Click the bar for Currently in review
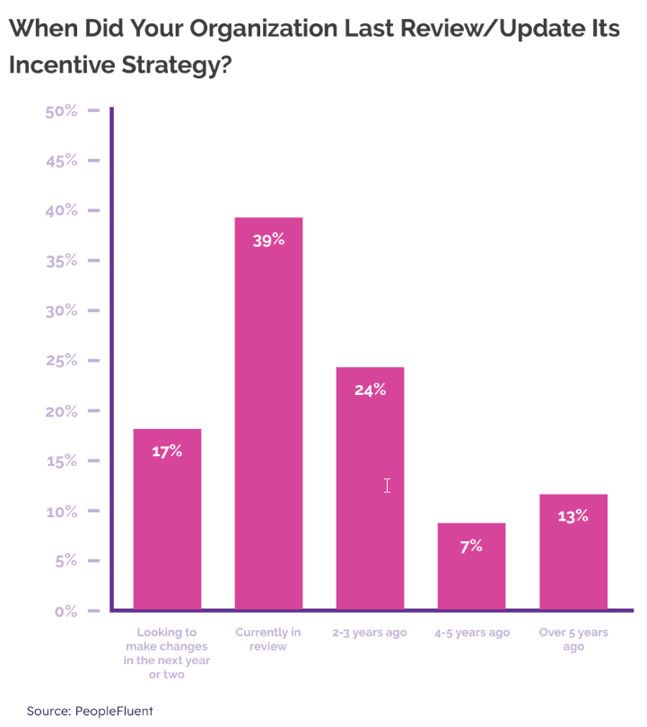click(268, 413)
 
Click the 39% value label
click(268, 241)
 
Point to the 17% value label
click(167, 451)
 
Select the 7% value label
click(471, 546)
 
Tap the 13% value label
click(573, 516)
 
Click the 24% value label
click(370, 390)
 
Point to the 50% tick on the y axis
click(61, 111)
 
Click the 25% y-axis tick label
click(61, 361)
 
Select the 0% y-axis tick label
click(66, 611)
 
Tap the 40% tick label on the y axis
click(61, 211)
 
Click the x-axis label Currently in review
click(268, 639)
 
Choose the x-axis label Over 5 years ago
click(573, 639)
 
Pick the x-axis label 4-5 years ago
click(471, 633)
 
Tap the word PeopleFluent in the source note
click(114, 711)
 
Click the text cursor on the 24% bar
click(387, 486)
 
